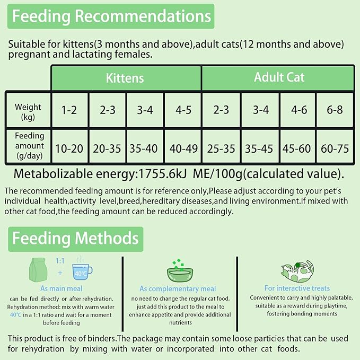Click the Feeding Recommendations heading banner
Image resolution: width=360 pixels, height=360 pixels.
[111, 16]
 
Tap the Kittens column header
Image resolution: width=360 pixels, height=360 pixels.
[125, 78]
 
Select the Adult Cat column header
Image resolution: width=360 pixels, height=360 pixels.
[279, 77]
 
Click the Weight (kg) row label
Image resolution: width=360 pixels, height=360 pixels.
[28, 111]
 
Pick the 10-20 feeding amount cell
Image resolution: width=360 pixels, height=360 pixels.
[69, 148]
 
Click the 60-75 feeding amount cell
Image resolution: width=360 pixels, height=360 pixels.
[335, 148]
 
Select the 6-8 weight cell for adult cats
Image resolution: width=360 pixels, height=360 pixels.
[335, 110]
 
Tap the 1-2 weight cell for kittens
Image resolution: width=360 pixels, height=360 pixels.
[69, 110]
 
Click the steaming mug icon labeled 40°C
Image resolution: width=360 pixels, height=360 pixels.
[82, 270]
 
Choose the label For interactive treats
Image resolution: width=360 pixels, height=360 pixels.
[297, 288]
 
